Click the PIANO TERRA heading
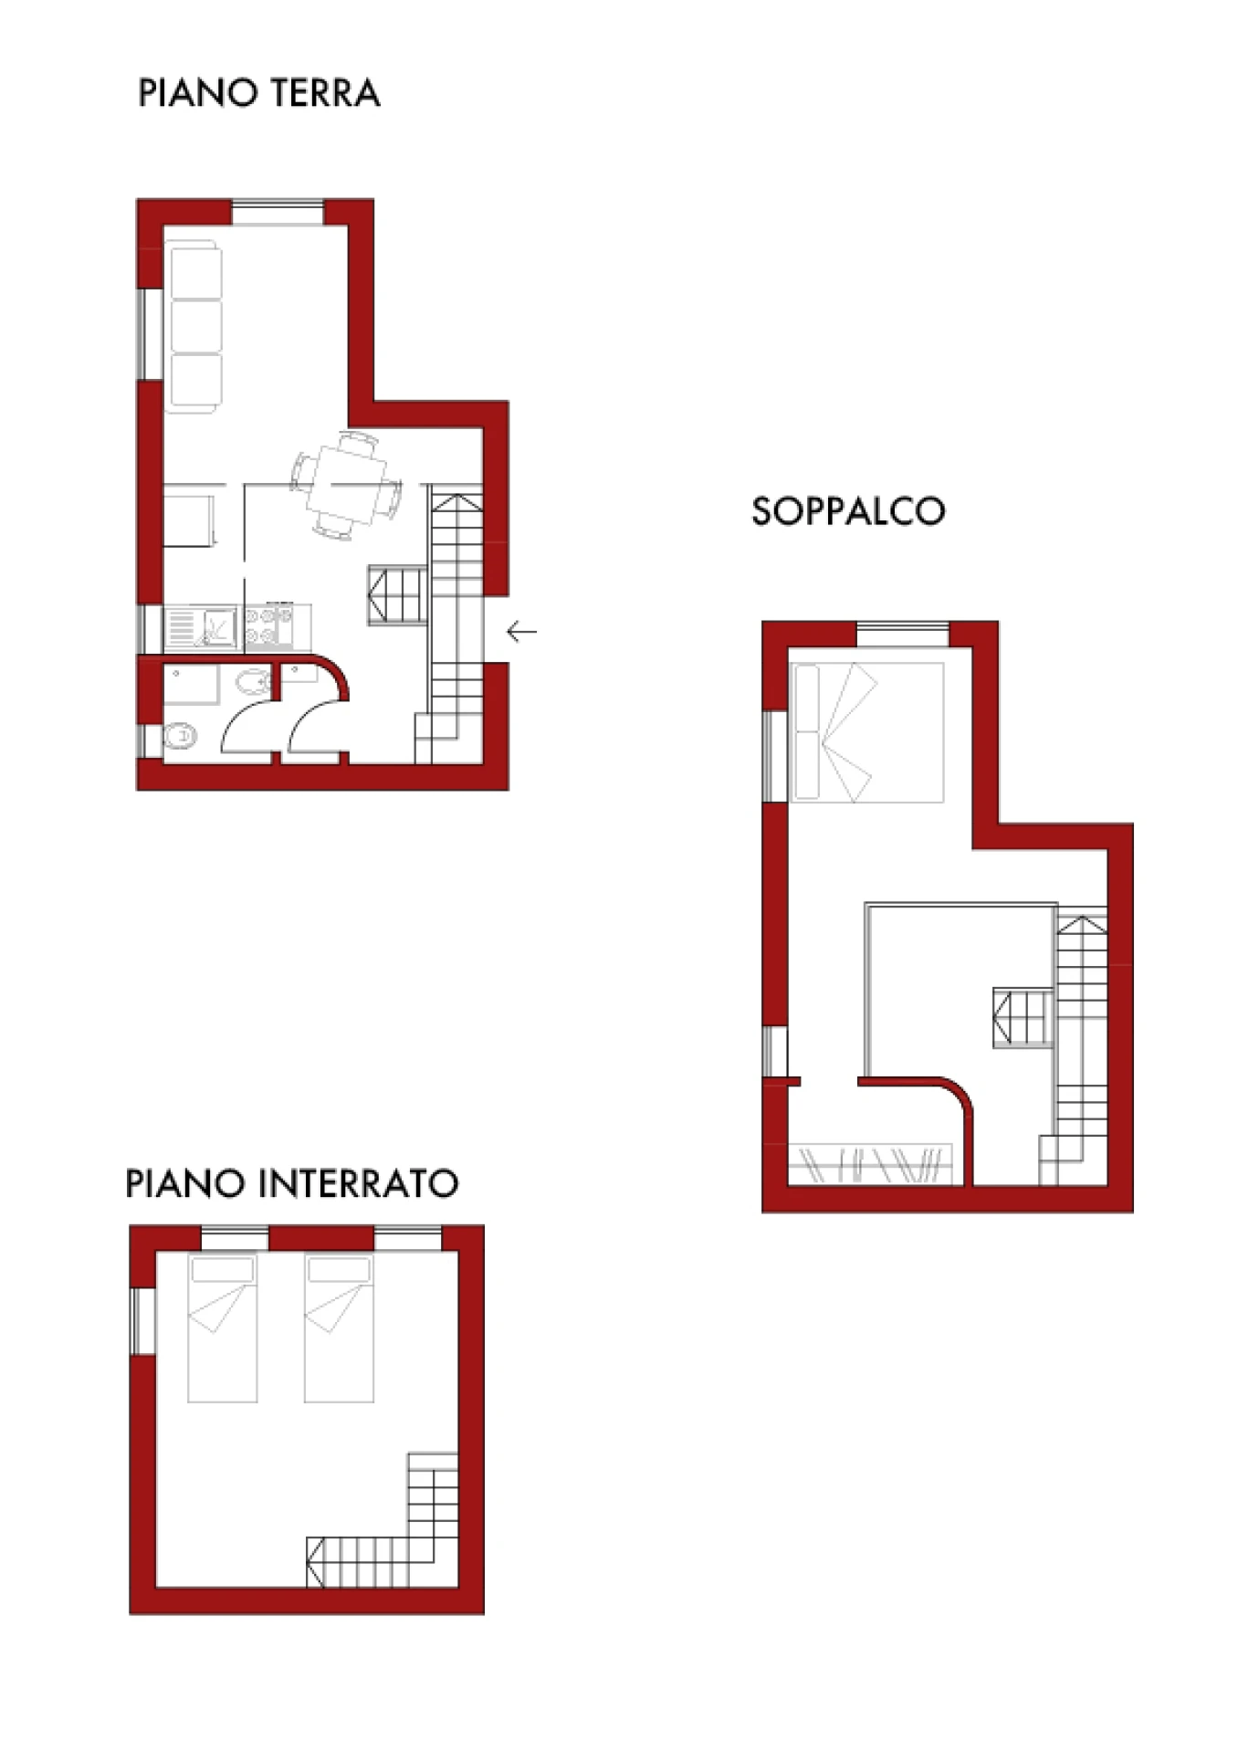(x=258, y=93)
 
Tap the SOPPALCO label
(x=848, y=511)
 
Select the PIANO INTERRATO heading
(x=291, y=1183)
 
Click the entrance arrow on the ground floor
(x=521, y=631)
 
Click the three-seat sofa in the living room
(x=193, y=326)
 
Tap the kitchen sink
(x=201, y=627)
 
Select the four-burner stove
(x=268, y=627)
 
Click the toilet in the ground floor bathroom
(x=180, y=736)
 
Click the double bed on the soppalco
(x=867, y=732)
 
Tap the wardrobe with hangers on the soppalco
(x=870, y=1164)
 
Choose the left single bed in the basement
(x=222, y=1328)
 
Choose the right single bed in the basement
(x=339, y=1328)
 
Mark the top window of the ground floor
(x=278, y=213)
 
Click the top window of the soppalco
(x=903, y=634)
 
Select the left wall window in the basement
(x=143, y=1321)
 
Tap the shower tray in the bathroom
(x=192, y=685)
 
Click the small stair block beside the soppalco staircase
(x=1023, y=1018)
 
